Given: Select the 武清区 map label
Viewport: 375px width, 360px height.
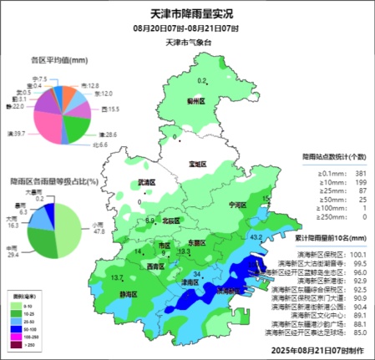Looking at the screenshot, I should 146,181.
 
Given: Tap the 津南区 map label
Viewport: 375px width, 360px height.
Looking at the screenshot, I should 191,282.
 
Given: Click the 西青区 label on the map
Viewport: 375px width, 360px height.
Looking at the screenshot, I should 155,266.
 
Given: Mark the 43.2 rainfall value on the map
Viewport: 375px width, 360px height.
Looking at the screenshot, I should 258,238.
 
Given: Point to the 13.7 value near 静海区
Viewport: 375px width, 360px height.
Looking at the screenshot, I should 118,277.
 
